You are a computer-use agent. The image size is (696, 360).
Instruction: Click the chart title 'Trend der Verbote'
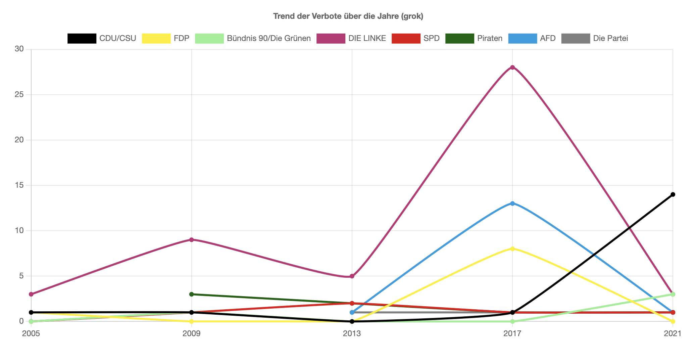coord(348,16)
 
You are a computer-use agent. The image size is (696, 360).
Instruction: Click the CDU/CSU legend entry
coord(102,38)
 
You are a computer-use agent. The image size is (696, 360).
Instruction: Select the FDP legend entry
coord(166,38)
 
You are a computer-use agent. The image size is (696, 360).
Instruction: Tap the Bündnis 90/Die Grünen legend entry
coord(253,38)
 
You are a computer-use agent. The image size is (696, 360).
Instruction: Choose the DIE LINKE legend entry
coord(351,38)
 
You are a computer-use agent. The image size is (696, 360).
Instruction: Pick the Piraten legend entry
coord(474,38)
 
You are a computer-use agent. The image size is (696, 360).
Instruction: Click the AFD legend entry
coord(532,38)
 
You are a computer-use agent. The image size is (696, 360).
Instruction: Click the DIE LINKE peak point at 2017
coord(512,67)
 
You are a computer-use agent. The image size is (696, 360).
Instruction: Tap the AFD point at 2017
coord(512,204)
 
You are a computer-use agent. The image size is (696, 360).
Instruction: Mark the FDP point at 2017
coord(512,249)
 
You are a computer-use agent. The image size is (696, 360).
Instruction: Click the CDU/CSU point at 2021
coord(673,194)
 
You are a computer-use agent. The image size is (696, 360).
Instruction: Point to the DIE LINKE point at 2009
coord(192,240)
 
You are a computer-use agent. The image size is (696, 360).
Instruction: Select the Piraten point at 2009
coord(192,294)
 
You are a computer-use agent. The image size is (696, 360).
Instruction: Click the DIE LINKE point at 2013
coord(352,276)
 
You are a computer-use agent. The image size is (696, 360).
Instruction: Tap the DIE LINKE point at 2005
coord(31,294)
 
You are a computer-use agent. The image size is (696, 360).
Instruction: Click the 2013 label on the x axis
coord(352,333)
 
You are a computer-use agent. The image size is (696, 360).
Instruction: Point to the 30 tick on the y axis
coord(19,49)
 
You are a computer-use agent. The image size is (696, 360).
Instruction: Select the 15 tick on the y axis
coord(19,185)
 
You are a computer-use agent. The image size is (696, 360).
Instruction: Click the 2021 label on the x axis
coord(673,333)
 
